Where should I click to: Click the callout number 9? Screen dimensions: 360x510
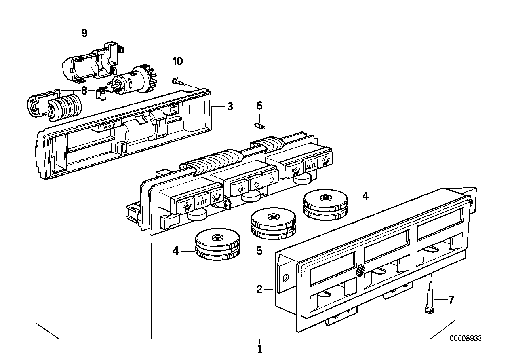(84, 33)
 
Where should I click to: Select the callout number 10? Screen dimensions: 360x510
(177, 61)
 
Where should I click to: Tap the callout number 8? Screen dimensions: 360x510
(84, 90)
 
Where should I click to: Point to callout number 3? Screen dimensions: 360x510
(230, 106)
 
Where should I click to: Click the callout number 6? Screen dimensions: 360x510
(259, 106)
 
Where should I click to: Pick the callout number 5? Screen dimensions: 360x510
(259, 251)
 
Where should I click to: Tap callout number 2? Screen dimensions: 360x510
(259, 290)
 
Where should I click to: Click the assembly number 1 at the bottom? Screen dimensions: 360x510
(260, 349)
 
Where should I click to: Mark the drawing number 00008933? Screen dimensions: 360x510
(466, 339)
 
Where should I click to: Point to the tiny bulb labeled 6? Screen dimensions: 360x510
(259, 125)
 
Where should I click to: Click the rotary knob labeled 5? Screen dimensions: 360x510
(273, 226)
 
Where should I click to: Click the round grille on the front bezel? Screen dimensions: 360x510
(360, 271)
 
